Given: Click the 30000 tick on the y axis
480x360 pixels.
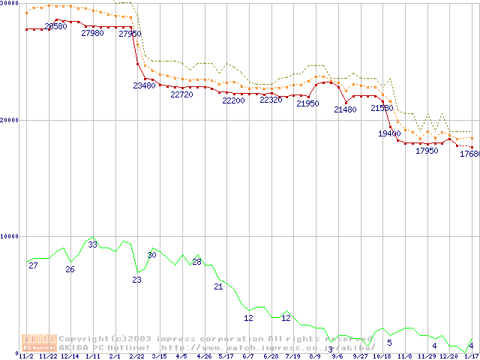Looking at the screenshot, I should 9,4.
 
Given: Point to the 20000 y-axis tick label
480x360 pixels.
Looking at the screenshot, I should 9,120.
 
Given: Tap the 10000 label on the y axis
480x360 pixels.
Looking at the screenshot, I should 9,236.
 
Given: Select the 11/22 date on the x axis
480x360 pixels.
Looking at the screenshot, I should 48,356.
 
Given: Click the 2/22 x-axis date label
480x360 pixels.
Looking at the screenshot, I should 137,356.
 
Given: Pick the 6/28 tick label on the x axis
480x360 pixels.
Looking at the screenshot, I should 271,356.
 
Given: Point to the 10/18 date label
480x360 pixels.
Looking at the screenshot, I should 382,356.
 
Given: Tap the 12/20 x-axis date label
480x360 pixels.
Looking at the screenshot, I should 448,356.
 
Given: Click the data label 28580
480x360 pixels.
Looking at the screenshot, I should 55,26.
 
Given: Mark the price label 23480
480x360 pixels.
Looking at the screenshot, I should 144,85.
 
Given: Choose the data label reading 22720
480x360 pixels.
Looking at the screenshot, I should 181,95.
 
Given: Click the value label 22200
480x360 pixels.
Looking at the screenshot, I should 233,100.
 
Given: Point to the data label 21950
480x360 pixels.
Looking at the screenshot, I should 307,103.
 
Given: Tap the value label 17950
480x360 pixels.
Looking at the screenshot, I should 427,151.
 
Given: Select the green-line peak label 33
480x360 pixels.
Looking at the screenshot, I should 92,244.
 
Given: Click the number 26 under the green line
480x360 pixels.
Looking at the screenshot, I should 70,269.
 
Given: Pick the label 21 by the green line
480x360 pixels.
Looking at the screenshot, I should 219,286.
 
